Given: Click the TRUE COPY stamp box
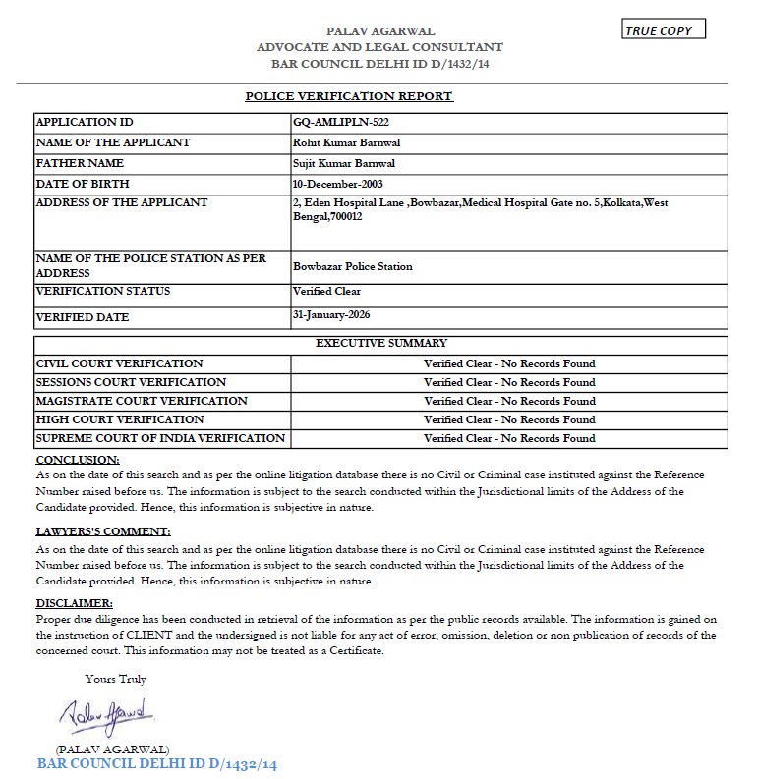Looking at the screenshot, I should [664, 29].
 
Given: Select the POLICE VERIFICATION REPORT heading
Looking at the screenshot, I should [349, 96].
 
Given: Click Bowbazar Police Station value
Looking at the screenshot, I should [353, 266].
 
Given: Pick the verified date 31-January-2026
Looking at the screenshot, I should [334, 315].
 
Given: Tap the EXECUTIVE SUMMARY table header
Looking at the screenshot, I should [381, 344].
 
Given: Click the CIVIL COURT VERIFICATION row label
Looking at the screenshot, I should [120, 363].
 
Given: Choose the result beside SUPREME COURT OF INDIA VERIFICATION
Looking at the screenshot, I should [509, 438].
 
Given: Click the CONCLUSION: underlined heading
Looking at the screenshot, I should [78, 460].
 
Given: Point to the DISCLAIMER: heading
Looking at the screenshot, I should [75, 602].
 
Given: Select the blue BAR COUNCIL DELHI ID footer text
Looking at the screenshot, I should [157, 764].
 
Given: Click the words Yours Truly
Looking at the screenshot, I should [116, 679].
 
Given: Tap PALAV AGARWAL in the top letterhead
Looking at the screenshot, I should [380, 31].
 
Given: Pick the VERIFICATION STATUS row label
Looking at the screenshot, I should [103, 291].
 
